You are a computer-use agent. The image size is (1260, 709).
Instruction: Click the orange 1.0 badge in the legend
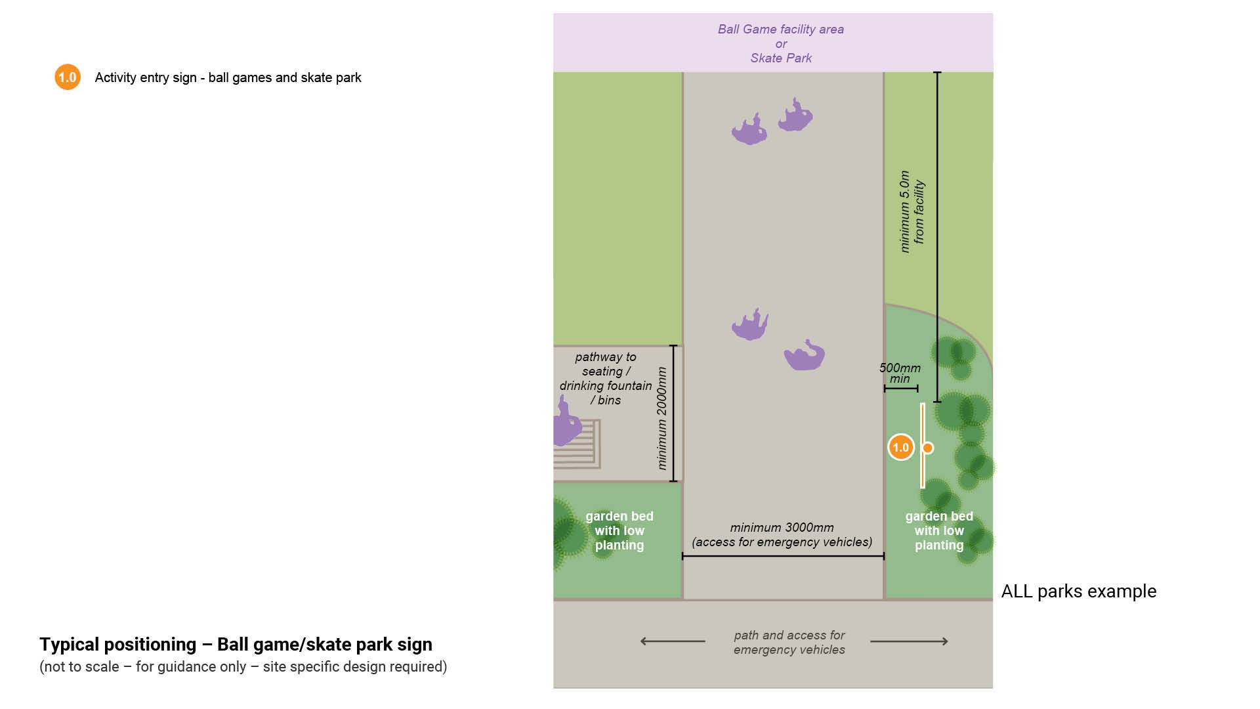point(68,77)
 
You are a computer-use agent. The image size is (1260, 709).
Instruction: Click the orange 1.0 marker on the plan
point(900,448)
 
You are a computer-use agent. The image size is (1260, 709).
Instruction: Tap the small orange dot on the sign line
point(928,448)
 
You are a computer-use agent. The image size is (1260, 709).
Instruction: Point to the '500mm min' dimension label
point(900,373)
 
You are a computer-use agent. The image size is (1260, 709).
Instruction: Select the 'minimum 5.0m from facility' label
point(912,211)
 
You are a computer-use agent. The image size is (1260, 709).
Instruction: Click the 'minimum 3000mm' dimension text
point(782,528)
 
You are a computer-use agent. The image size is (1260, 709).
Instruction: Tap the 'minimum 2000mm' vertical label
point(661,418)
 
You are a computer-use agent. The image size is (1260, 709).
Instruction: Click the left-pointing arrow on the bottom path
point(672,641)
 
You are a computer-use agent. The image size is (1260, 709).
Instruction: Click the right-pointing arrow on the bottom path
point(910,641)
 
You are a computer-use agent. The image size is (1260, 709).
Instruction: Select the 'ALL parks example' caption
point(1078,591)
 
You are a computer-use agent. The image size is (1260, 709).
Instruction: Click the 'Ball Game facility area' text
point(780,30)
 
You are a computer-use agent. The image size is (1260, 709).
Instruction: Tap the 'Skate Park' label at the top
point(781,58)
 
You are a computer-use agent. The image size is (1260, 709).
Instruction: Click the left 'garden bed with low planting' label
point(619,530)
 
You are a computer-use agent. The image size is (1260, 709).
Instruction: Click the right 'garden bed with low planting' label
point(939,530)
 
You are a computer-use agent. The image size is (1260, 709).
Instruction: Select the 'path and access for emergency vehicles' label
point(789,643)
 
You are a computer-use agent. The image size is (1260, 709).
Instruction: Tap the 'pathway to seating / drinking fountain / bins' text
point(605,379)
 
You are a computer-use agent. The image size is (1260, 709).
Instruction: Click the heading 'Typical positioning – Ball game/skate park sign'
point(236,645)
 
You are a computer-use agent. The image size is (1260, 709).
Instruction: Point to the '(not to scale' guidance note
point(243,667)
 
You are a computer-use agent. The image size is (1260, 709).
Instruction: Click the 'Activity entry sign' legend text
point(228,77)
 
